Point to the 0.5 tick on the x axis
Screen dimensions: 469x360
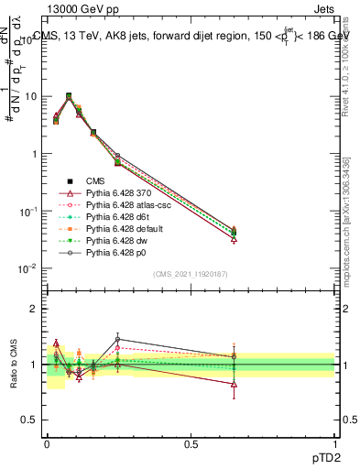(191, 442)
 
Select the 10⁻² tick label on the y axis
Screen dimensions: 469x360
(27, 268)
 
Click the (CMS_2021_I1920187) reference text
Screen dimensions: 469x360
(191, 274)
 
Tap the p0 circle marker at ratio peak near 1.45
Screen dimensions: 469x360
(117, 339)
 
